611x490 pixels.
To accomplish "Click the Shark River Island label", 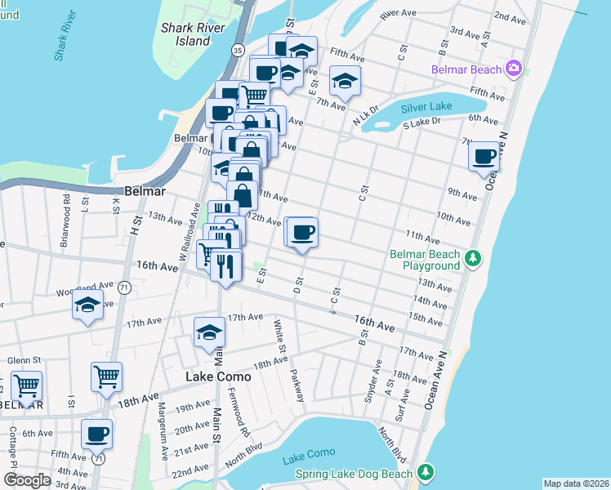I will pos(197,33).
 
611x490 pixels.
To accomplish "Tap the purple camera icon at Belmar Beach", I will pos(514,69).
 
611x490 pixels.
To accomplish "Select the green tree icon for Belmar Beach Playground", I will pos(472,260).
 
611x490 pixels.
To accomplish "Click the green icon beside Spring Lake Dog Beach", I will pos(424,473).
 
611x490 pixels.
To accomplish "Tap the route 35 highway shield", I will pos(237,50).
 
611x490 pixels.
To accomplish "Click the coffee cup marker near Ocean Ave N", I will pos(484,155).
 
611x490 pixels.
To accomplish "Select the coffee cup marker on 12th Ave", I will pos(302,233).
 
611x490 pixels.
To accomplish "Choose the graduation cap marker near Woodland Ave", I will pos(88,305).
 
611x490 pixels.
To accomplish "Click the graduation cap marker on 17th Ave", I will pos(210,333).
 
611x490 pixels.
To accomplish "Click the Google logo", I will pos(28,479).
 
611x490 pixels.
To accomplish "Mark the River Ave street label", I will pos(399,14).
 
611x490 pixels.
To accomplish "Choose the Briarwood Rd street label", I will pos(65,211).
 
